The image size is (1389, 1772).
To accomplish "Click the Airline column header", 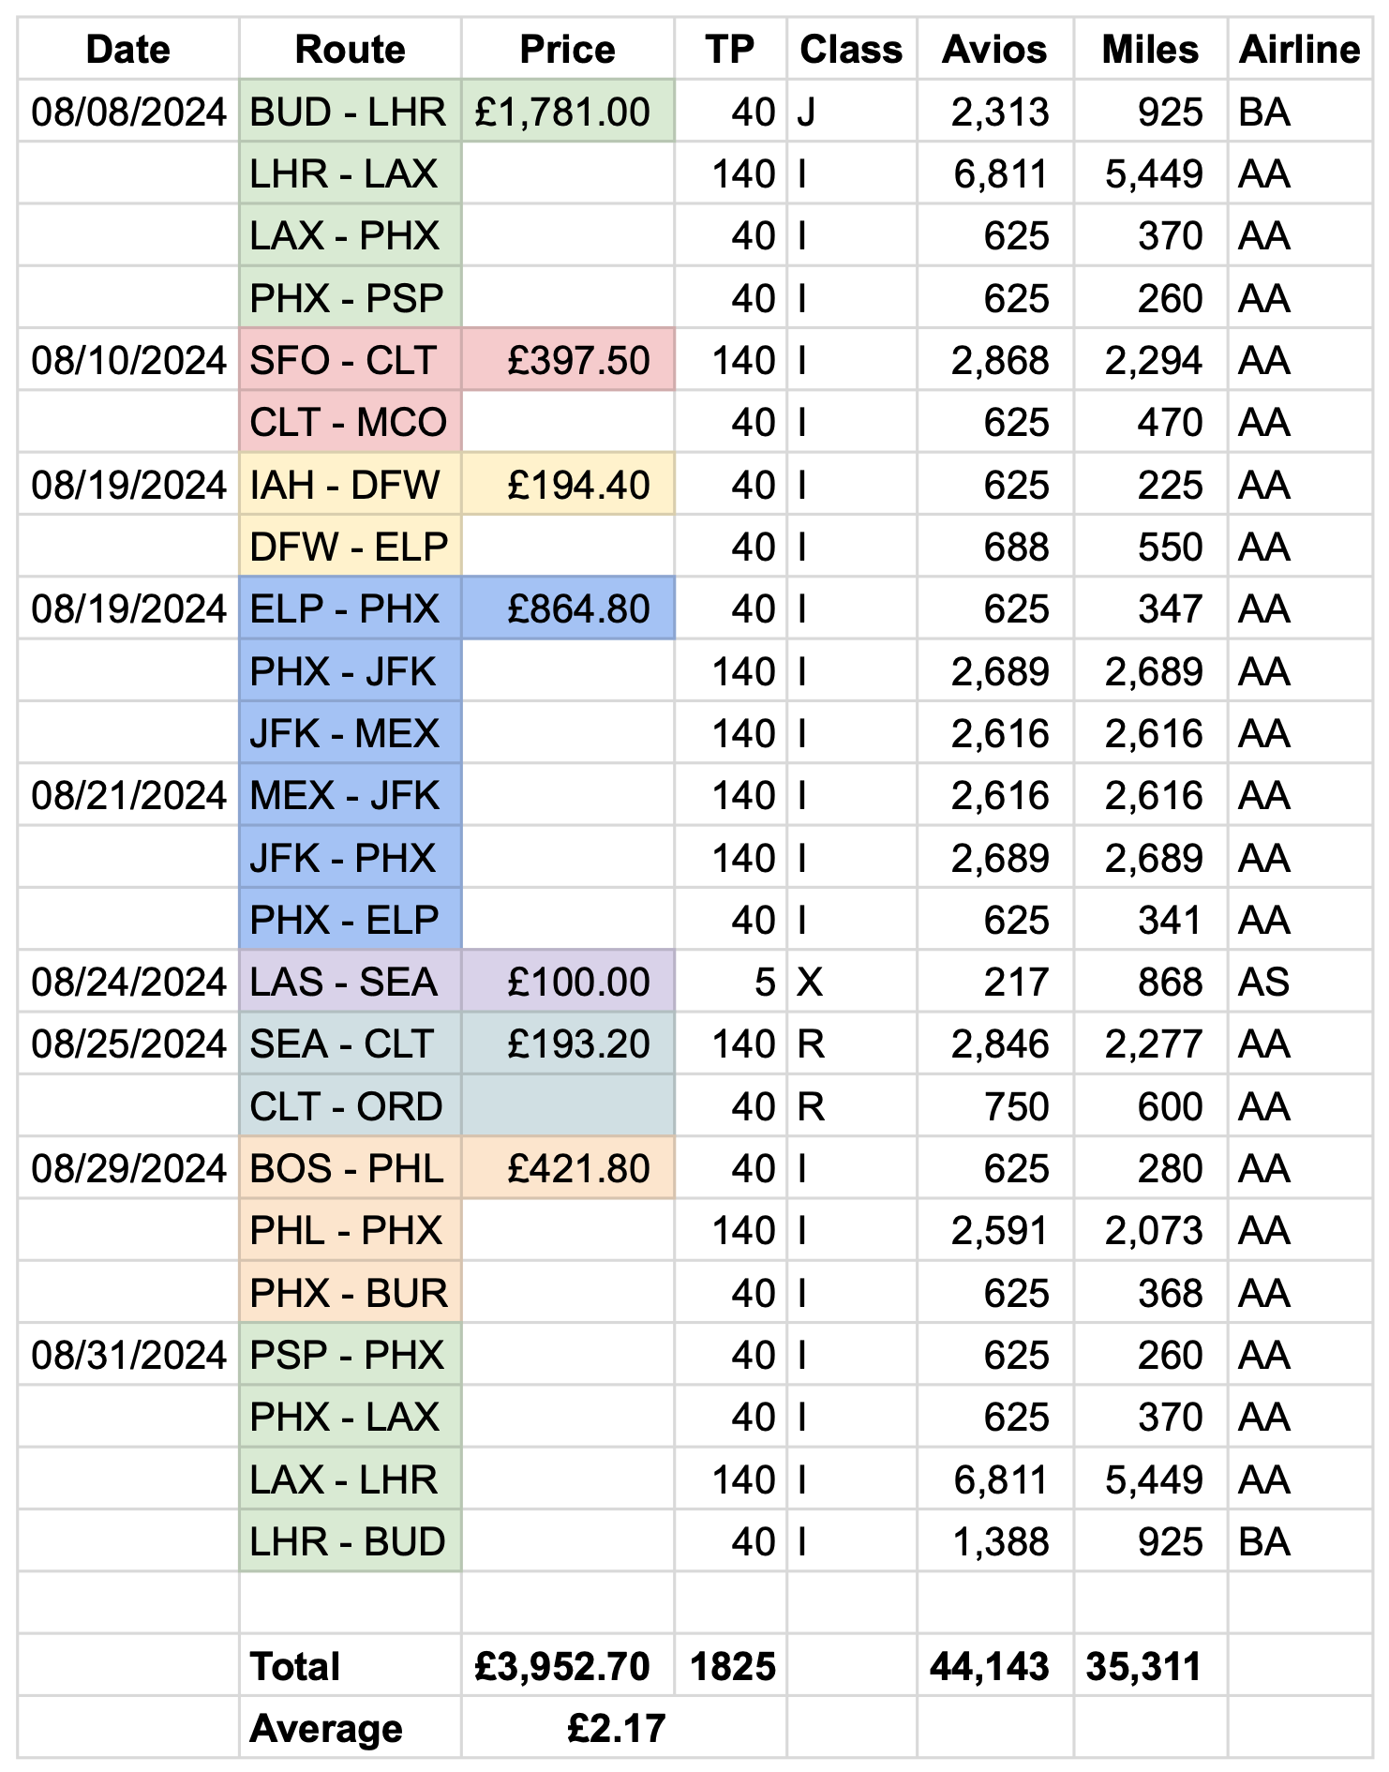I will click(x=1298, y=50).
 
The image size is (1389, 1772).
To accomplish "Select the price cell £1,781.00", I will click(x=562, y=113).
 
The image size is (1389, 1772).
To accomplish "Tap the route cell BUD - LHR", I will click(x=348, y=113).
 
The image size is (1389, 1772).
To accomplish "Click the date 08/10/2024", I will click(x=128, y=361).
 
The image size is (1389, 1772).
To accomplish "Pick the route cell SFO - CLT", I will click(x=343, y=361).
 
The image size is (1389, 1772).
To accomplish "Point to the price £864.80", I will click(x=577, y=609).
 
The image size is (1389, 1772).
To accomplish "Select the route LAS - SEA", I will click(x=343, y=982).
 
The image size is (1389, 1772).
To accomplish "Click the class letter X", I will click(x=809, y=982).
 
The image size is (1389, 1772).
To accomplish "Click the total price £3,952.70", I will click(x=562, y=1667).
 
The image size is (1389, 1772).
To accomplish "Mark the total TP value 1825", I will click(x=732, y=1667).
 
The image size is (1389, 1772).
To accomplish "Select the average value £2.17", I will click(x=616, y=1729).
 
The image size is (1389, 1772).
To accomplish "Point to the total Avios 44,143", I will click(x=989, y=1667).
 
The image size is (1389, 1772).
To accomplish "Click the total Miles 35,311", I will click(x=1143, y=1667).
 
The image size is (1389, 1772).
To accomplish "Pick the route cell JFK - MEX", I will click(x=344, y=733).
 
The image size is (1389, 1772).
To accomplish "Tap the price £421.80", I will click(x=577, y=1169).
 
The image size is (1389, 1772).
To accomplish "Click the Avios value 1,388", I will click(x=1000, y=1542).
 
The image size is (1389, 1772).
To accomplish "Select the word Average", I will click(x=325, y=1729).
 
